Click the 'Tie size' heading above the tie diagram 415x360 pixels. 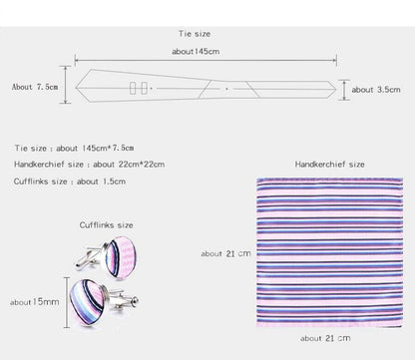coord(195,34)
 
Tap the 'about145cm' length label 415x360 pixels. coord(196,52)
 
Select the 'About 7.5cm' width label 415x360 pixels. coord(35,87)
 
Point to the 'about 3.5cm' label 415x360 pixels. coord(376,90)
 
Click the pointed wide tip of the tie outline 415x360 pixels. coord(76,88)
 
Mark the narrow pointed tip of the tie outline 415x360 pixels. coord(336,89)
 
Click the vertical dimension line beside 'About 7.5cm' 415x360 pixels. coord(65,85)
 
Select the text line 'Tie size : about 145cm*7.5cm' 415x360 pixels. coord(74,149)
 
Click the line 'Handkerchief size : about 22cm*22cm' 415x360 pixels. coord(89,165)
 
